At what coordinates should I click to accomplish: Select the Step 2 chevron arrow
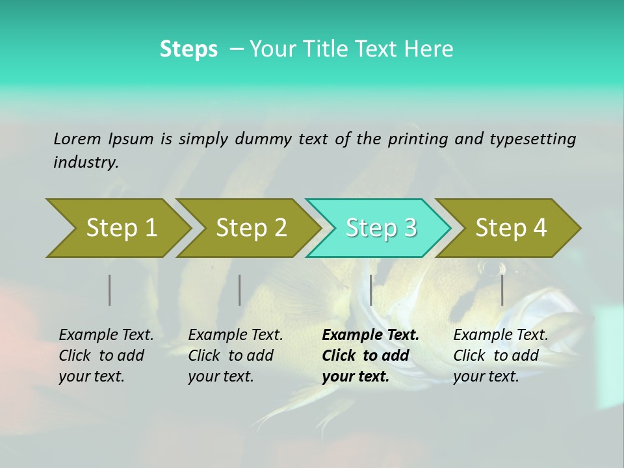(250, 228)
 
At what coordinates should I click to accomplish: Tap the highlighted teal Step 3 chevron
(380, 228)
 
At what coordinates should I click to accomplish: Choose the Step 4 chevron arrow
(510, 228)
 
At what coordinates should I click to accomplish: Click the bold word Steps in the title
(188, 49)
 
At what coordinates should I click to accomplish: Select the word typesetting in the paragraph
(533, 139)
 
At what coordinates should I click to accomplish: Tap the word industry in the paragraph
(85, 162)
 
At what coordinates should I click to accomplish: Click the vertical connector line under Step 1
(110, 290)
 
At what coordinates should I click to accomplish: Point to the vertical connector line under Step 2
(240, 290)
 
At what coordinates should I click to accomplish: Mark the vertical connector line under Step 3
(371, 290)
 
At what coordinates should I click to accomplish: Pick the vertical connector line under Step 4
(502, 290)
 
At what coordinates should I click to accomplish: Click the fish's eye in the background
(491, 267)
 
